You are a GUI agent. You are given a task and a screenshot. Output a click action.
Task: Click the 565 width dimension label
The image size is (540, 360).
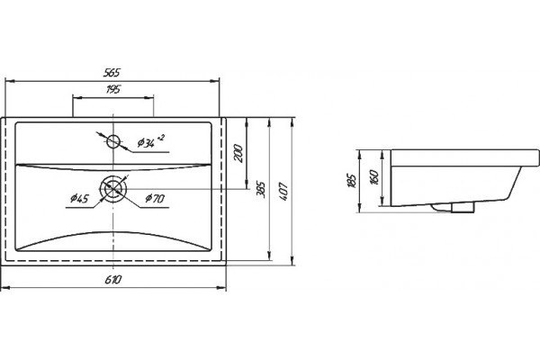tap(112, 73)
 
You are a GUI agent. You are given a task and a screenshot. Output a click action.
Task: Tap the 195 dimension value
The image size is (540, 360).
tap(113, 90)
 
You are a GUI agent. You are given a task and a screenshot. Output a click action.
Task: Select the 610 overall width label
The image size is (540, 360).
tap(113, 279)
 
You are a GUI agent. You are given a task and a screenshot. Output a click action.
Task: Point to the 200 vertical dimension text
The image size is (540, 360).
tap(238, 154)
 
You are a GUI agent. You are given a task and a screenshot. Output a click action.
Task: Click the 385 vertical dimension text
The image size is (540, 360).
tap(261, 190)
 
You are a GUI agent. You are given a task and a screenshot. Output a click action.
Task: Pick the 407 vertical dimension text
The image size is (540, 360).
tap(283, 192)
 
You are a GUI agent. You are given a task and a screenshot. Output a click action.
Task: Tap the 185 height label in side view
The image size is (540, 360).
tap(352, 181)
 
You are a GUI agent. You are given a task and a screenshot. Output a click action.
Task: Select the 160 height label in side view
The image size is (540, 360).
tap(374, 177)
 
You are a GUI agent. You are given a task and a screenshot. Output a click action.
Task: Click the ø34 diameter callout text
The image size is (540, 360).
tap(146, 142)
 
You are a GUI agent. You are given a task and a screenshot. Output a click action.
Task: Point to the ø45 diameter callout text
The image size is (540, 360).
tap(79, 198)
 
